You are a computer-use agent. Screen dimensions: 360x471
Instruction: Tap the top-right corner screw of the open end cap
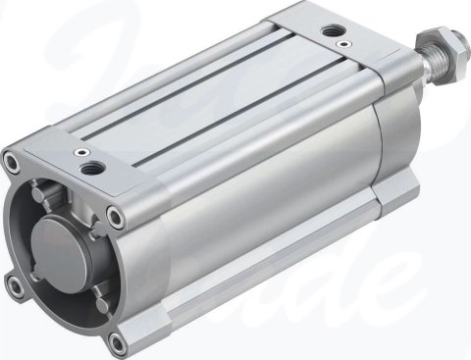click(x=117, y=216)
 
